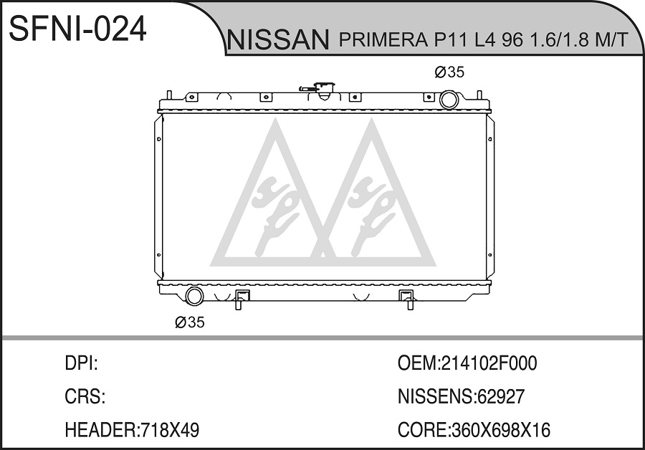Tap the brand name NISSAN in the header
point(278,40)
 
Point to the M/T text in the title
point(612,40)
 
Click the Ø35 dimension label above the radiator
point(449,72)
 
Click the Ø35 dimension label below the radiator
point(190,322)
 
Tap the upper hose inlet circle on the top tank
point(449,100)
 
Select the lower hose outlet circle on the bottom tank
point(194,296)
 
